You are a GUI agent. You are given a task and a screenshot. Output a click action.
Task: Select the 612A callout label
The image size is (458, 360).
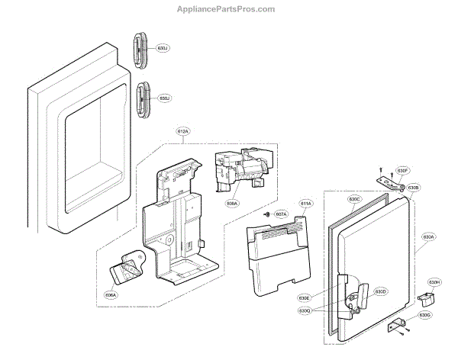click(x=183, y=132)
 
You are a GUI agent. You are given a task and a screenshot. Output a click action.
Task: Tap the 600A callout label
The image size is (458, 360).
click(x=232, y=203)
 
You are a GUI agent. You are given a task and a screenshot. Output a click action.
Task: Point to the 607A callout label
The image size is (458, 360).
click(x=280, y=215)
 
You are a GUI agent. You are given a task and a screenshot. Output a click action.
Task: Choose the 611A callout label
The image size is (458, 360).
click(x=306, y=204)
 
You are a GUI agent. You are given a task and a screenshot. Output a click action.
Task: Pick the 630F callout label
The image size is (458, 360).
click(x=403, y=171)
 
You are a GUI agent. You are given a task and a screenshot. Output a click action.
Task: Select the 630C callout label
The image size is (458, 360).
click(x=353, y=200)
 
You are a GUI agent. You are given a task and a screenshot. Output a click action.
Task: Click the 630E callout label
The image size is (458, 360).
click(x=327, y=297)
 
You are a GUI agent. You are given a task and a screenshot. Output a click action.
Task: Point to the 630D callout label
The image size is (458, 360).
click(x=380, y=291)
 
